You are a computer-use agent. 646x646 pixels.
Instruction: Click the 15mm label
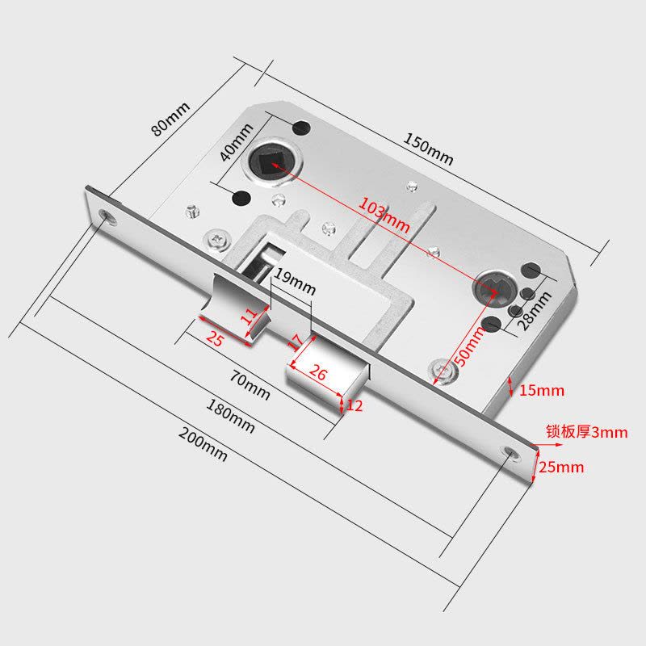pos(541,391)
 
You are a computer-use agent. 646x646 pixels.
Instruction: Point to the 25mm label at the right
pos(561,467)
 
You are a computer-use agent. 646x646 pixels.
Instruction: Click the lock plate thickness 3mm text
pos(586,432)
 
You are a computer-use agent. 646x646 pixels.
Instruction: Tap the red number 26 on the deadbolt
pos(318,373)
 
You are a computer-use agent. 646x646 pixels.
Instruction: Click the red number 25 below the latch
pos(214,340)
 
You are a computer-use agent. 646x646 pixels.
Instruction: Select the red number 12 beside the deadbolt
pos(354,406)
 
